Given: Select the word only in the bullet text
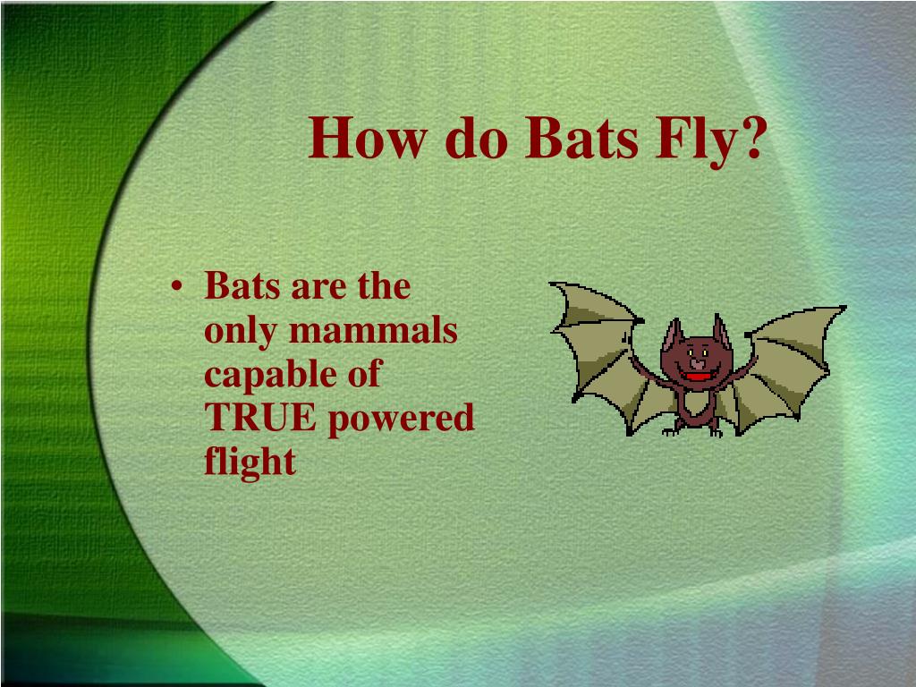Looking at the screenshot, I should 237,333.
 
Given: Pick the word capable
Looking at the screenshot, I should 265,376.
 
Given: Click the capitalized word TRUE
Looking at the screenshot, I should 260,418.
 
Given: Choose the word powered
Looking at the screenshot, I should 400,420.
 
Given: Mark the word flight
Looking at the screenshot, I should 250,462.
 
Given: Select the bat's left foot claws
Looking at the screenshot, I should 672,432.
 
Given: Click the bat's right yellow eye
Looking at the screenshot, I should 706,352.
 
